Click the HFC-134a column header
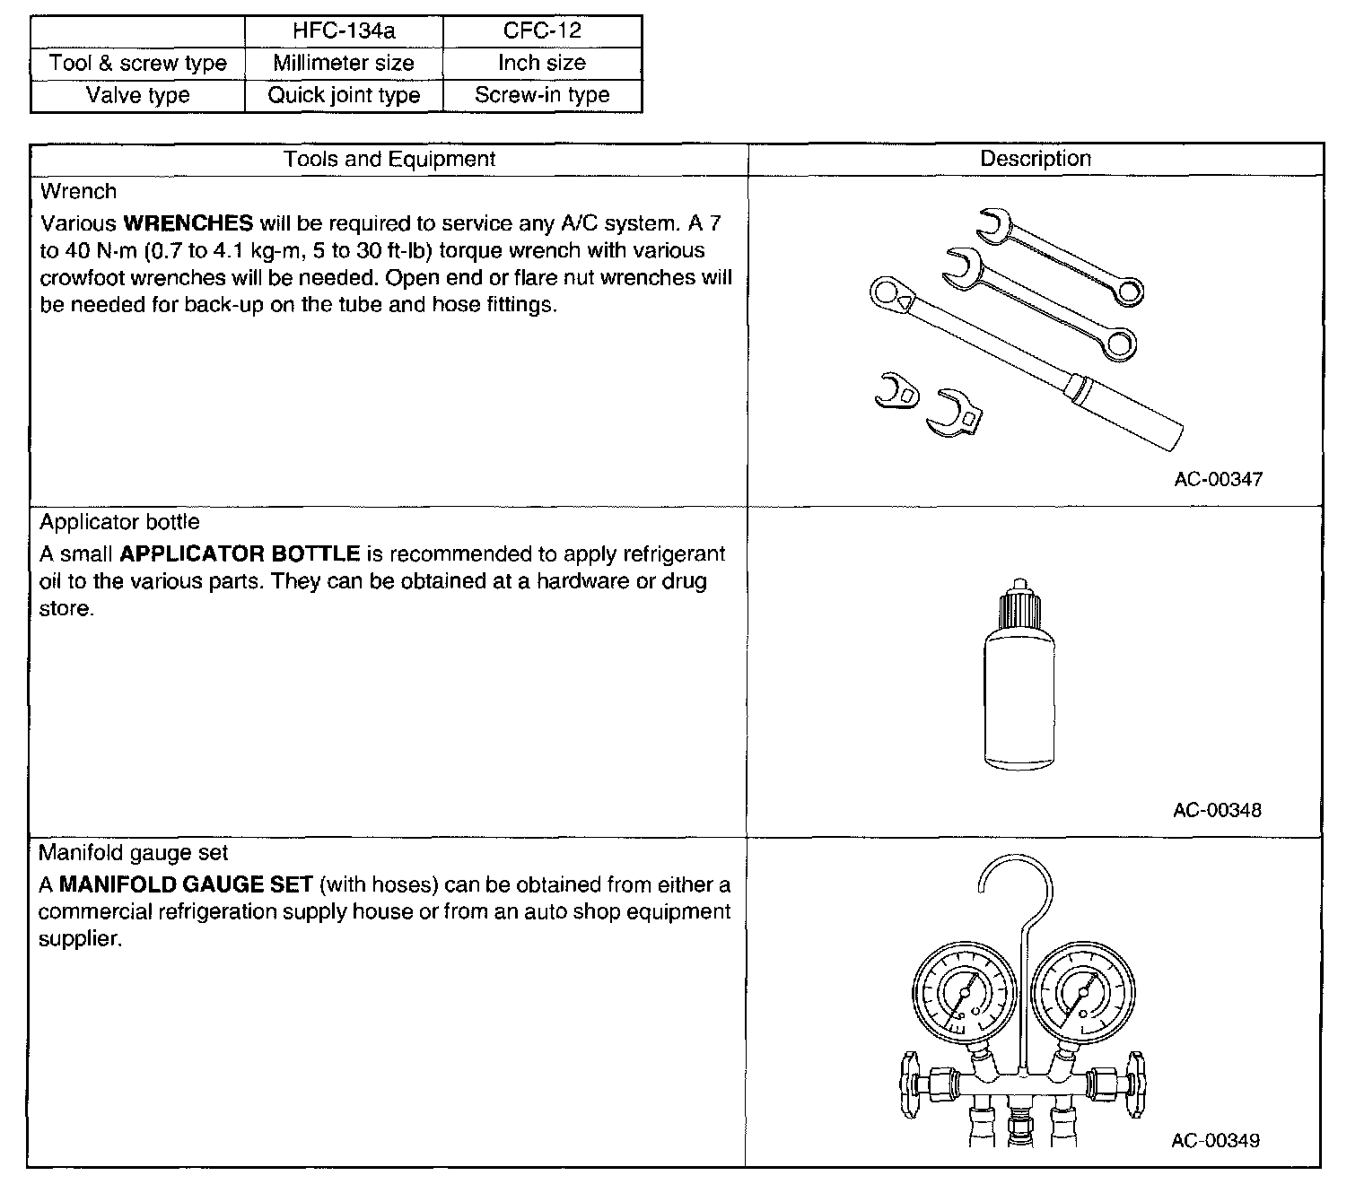point(344,30)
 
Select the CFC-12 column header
point(542,30)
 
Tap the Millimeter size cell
point(344,63)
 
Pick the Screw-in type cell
point(542,95)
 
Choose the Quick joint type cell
point(344,95)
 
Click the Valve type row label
point(137,95)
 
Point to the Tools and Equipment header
point(389,159)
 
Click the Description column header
point(1035,159)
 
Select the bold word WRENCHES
point(188,223)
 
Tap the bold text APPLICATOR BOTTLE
point(240,553)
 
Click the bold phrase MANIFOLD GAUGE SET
point(186,884)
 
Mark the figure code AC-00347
point(1218,479)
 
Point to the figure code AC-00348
point(1217,810)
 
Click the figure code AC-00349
point(1215,1140)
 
